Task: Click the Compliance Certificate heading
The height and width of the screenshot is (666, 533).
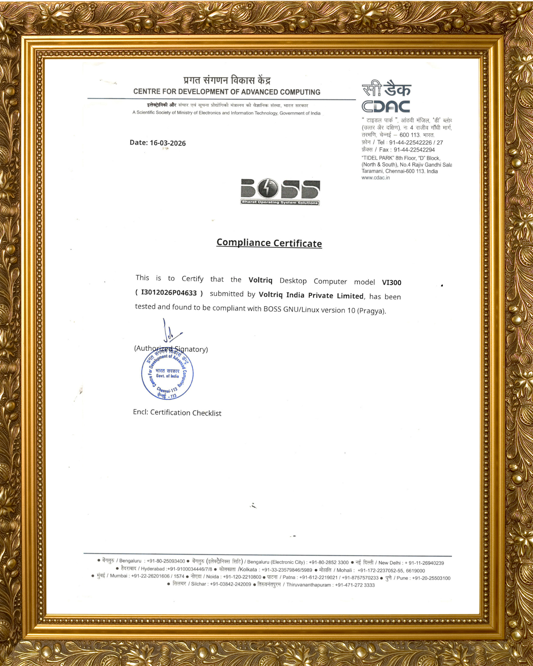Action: click(269, 243)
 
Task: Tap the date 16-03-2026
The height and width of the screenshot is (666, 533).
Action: click(168, 143)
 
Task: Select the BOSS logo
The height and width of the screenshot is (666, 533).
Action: click(280, 192)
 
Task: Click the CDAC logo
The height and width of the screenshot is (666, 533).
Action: click(386, 97)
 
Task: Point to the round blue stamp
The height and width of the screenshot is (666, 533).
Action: click(167, 374)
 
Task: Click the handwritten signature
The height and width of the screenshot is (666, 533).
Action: click(171, 332)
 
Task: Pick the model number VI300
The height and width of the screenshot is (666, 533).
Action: click(391, 282)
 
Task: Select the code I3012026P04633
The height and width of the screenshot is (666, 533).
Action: click(169, 293)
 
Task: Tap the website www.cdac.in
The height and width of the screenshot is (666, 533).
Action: click(375, 178)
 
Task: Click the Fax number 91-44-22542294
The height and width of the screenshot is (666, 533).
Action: click(414, 150)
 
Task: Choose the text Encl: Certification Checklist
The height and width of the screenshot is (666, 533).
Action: click(177, 413)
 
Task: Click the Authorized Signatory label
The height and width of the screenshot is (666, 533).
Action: click(171, 349)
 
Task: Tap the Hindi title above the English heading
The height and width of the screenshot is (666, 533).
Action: click(227, 80)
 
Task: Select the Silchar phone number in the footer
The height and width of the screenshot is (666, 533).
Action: click(231, 584)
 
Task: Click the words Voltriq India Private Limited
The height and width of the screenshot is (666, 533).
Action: click(311, 295)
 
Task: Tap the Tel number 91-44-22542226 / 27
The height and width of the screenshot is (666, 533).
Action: click(416, 143)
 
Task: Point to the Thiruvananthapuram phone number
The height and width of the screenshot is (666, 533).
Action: click(355, 585)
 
